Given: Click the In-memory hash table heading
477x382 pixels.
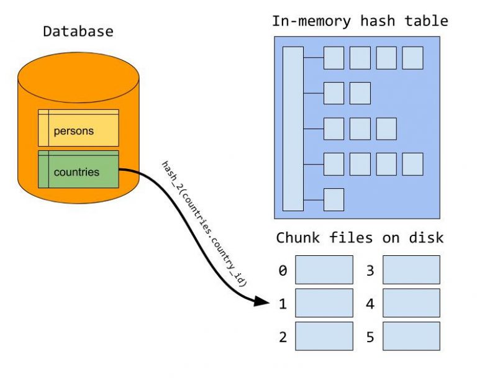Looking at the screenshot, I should (360, 20).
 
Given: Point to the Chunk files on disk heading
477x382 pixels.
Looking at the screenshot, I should (360, 238).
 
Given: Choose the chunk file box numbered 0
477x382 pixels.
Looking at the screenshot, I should (324, 270).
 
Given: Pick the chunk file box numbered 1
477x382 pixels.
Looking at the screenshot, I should (324, 302).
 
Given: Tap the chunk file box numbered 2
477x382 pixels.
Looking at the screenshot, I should (324, 335).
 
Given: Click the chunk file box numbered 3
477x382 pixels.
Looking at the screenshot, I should (411, 270).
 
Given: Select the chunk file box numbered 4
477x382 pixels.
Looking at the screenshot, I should (411, 302).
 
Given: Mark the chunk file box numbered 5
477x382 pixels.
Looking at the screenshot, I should (411, 335).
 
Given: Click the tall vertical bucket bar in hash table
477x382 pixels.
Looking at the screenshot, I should (293, 129).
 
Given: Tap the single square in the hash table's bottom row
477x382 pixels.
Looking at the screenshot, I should (334, 199).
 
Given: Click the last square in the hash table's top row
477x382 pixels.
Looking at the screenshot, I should (412, 58).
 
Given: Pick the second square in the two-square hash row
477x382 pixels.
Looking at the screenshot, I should (360, 93).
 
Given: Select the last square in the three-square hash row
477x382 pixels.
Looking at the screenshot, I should (386, 129).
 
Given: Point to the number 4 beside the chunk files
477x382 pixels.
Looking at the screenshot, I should (370, 303).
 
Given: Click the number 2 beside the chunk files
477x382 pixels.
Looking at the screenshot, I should (283, 337).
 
